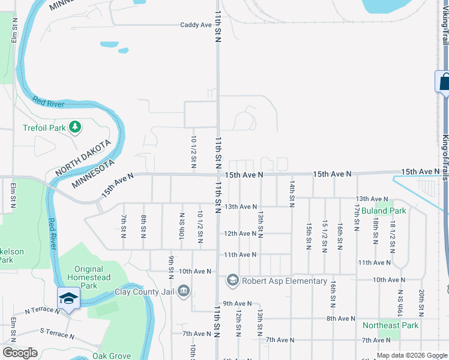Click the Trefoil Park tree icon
(x=75, y=127)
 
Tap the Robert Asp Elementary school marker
(x=232, y=280)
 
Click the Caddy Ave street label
(x=196, y=25)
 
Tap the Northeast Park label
(x=390, y=325)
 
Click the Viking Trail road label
(x=445, y=24)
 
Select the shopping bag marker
(x=444, y=82)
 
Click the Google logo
(x=20, y=352)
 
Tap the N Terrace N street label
(x=42, y=311)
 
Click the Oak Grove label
(x=112, y=356)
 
